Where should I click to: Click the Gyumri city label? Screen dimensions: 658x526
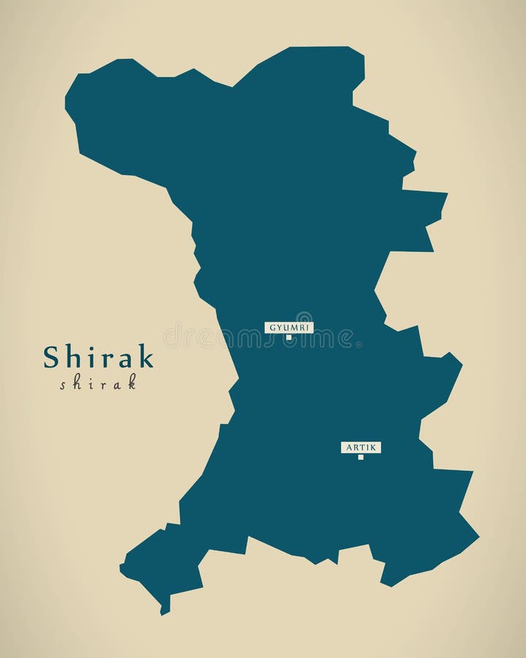point(289,327)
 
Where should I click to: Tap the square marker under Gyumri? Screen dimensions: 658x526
point(289,338)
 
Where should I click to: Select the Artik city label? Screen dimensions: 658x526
point(361,447)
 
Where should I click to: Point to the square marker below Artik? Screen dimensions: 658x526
point(361,457)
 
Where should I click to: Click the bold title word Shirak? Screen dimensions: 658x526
point(98,357)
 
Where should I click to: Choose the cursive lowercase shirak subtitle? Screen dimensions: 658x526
point(98,382)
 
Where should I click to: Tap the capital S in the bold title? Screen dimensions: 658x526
point(51,358)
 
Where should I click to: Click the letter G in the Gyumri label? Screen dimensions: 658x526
point(271,327)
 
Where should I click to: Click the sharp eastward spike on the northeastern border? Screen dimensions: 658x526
point(445,194)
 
